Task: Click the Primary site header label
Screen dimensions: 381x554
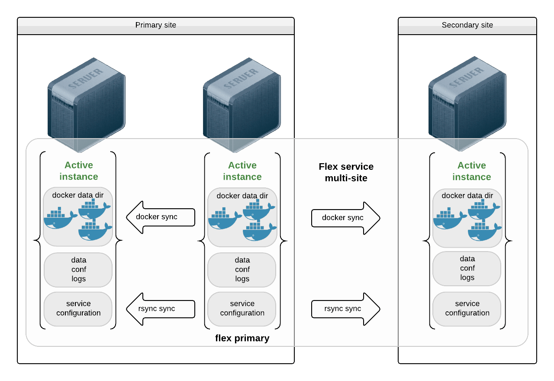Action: pyautogui.click(x=156, y=25)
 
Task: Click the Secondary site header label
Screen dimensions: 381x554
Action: pyautogui.click(x=467, y=25)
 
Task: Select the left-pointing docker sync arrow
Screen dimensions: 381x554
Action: pyautogui.click(x=160, y=217)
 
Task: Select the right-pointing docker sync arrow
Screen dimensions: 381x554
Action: pyautogui.click(x=345, y=218)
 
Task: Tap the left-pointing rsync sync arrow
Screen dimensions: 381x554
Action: pyautogui.click(x=160, y=309)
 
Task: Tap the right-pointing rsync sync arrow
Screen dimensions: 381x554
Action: pyautogui.click(x=345, y=309)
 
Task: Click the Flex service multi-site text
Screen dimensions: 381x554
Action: pyautogui.click(x=346, y=172)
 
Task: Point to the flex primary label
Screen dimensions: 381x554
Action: pyautogui.click(x=242, y=338)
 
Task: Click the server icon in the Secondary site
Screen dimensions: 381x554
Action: pyautogui.click(x=467, y=104)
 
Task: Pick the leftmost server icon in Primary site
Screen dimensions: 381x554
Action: pyautogui.click(x=86, y=104)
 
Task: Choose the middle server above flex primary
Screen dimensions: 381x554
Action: pyautogui.click(x=242, y=104)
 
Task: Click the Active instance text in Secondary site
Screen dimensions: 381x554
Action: pyautogui.click(x=471, y=171)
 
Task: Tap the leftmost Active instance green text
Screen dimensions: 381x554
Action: pyautogui.click(x=78, y=171)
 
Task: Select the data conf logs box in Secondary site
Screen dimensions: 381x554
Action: pyautogui.click(x=467, y=268)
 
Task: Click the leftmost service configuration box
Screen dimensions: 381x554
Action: pyautogui.click(x=78, y=308)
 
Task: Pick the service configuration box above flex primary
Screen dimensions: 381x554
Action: pyautogui.click(x=242, y=308)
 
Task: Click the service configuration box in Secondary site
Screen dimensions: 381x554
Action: pyautogui.click(x=467, y=308)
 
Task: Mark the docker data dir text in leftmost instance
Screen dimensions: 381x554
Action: pyautogui.click(x=78, y=195)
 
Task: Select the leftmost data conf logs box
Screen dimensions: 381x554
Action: pyautogui.click(x=78, y=269)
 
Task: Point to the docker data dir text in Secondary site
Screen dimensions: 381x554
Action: pyautogui.click(x=467, y=196)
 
